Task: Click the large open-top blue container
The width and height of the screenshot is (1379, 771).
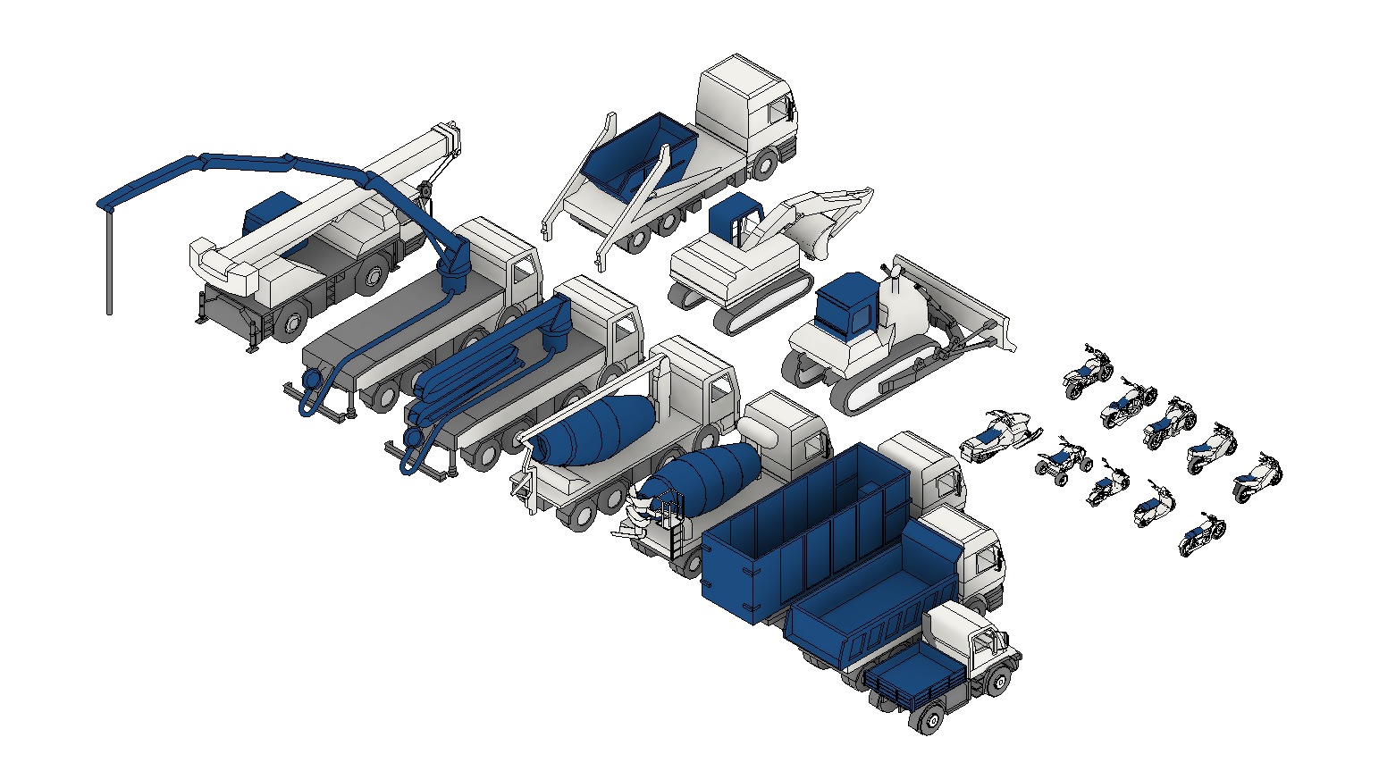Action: tap(786, 536)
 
